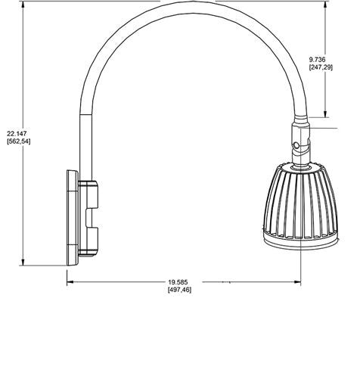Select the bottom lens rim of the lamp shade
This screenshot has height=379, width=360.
[300, 242]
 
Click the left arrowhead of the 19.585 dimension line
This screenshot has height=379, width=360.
[70, 281]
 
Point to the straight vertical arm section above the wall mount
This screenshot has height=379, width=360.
[82, 144]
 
